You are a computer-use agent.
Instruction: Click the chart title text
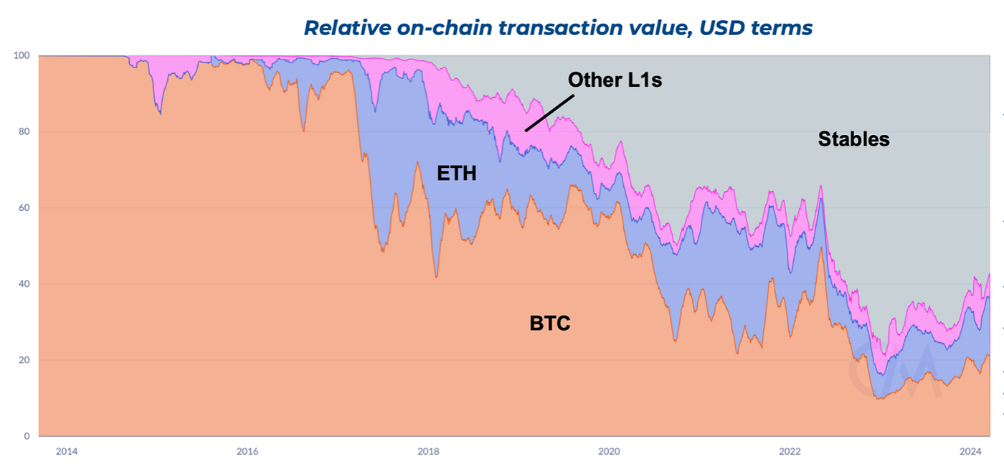(558, 28)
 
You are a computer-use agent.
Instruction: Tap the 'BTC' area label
(550, 324)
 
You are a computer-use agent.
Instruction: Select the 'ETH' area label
(457, 173)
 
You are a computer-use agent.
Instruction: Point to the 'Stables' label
(853, 139)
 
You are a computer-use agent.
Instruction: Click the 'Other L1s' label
(615, 80)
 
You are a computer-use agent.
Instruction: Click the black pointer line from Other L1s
(549, 113)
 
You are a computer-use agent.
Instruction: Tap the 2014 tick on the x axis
(67, 451)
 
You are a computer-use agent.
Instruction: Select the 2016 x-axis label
(247, 451)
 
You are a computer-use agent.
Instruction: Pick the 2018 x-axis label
(428, 451)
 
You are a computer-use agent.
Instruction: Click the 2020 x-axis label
(609, 451)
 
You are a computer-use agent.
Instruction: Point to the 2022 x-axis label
(790, 451)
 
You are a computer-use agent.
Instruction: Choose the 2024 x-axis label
(970, 451)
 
